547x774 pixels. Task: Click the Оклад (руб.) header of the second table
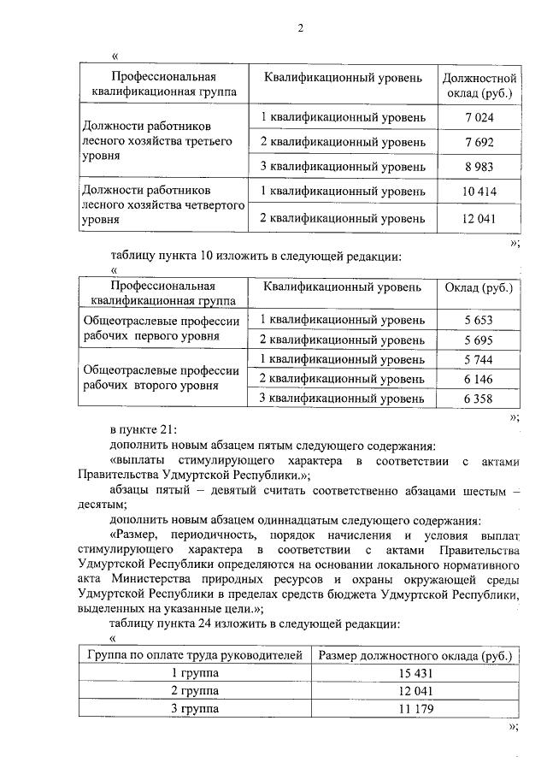tap(479, 287)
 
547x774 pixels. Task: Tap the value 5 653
tap(479, 320)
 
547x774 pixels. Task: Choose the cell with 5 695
tap(479, 340)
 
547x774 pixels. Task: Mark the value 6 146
tap(479, 378)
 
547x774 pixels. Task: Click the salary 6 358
tap(479, 398)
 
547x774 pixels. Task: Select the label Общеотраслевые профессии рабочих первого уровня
tap(161, 328)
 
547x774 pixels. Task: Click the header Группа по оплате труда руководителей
tap(196, 656)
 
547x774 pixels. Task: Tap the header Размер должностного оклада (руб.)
tap(415, 656)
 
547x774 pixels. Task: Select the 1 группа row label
tap(196, 673)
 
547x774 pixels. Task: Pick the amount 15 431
tap(415, 673)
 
